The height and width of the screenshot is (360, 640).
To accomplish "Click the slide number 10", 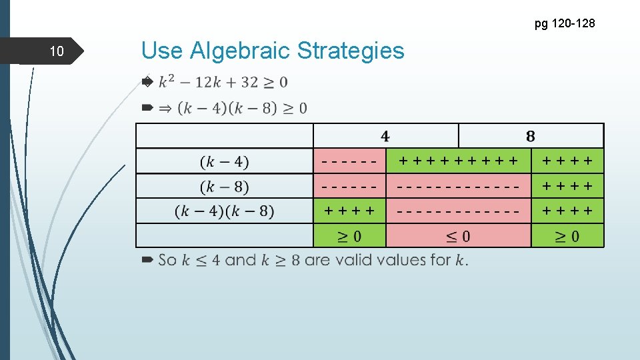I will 57,51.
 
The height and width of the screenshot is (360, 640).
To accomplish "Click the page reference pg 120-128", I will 564,24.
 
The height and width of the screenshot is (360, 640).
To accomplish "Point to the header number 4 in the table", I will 385,136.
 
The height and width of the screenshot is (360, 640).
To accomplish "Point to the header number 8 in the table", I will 530,136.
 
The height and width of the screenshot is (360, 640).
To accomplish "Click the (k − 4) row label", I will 225,162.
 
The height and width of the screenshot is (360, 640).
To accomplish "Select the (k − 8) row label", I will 225,187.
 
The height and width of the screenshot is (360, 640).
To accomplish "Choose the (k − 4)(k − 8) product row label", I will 225,212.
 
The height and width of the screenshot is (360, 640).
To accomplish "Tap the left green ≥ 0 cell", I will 350,236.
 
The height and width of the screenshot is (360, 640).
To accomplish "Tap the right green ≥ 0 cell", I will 567,236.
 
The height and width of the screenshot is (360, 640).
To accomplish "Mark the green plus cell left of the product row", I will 350,211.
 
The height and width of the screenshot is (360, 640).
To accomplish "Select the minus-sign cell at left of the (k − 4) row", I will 350,161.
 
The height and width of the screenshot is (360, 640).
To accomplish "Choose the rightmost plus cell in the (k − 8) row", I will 567,187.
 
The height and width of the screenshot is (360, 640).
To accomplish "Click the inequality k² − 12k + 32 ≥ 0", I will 223,82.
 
